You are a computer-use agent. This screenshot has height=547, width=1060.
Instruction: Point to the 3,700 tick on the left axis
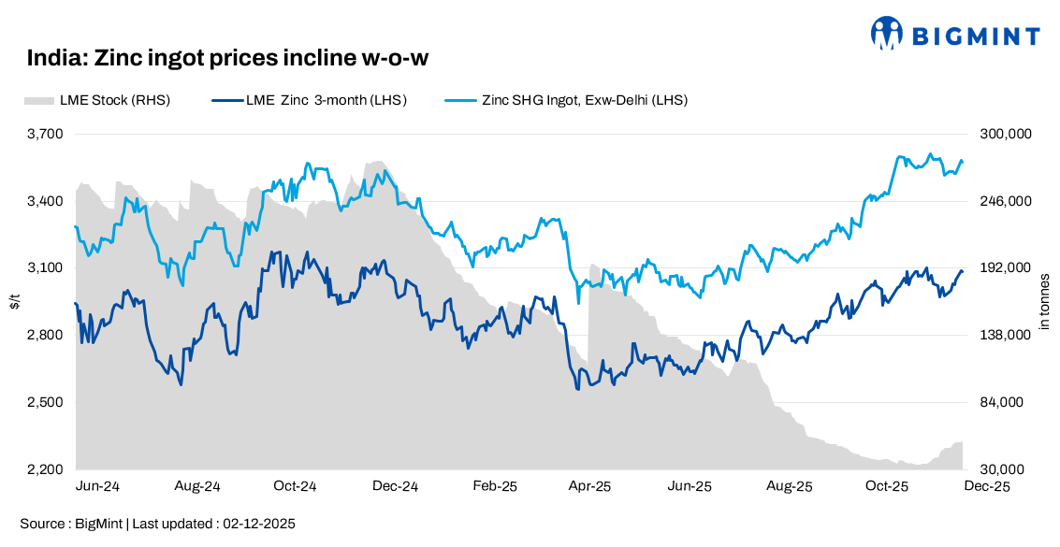click(44, 134)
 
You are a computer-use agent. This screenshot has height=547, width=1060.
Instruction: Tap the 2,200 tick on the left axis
click(44, 469)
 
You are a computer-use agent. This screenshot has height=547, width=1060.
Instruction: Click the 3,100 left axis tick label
click(44, 268)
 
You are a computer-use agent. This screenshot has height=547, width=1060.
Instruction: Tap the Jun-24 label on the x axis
click(98, 487)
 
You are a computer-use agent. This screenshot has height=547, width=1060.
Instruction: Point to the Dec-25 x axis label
click(987, 487)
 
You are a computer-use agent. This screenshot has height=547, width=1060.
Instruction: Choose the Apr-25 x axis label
click(590, 487)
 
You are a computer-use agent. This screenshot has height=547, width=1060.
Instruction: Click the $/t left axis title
click(14, 301)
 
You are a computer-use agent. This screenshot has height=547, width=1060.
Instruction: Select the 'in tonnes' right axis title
click(1045, 301)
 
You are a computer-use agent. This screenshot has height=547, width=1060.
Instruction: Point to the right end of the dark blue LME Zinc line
click(962, 271)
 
